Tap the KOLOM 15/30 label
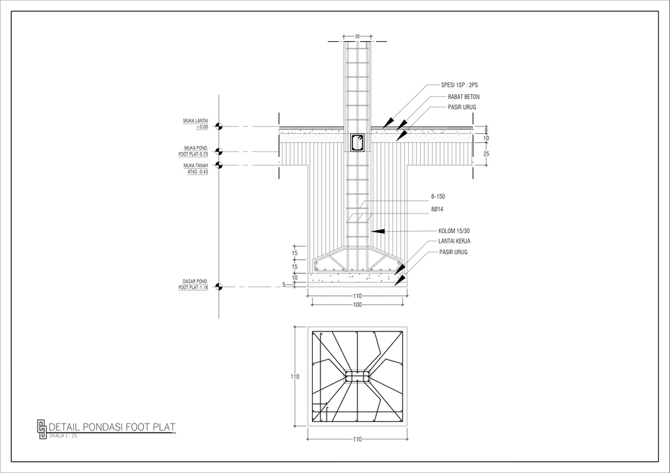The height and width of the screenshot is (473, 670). (454, 231)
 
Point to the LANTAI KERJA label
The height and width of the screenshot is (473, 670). (454, 241)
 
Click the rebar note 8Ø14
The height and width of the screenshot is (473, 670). (437, 209)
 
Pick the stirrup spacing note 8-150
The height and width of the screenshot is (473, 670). (438, 197)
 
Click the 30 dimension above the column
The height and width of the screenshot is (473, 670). (357, 36)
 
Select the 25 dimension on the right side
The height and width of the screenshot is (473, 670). (486, 153)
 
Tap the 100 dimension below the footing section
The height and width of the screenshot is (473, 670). (357, 305)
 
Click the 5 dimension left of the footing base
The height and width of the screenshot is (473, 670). (283, 284)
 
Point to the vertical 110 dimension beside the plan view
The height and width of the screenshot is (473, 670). (295, 377)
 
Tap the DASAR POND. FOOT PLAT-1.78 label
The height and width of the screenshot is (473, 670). (193, 284)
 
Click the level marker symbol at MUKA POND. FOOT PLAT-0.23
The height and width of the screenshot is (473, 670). (218, 151)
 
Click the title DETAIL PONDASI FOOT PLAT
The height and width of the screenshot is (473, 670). (112, 427)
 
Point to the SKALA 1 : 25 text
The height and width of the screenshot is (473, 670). (63, 435)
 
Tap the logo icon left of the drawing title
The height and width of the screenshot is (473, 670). (42, 427)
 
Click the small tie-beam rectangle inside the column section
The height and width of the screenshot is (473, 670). (357, 142)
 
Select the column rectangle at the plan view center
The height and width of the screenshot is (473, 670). (357, 376)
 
